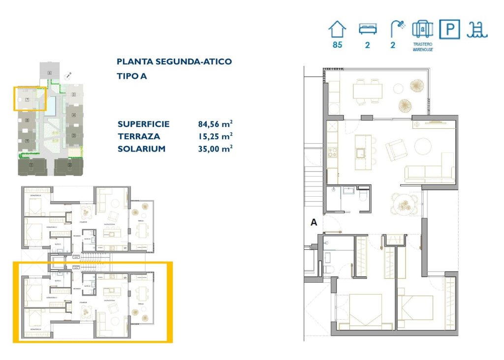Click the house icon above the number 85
coord(337,30)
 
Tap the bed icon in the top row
coord(367,30)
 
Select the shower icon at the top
coord(396,30)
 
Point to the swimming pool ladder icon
coord(477,30)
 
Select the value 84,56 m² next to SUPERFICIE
coord(215,124)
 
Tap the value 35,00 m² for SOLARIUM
coord(215,149)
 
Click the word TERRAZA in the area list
coord(139,137)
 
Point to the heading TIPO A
coord(132,76)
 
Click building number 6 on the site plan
coord(50,73)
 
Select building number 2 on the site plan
coord(69,165)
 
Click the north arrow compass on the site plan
coord(68,76)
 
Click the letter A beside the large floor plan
coord(313,222)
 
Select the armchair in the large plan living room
coord(396,150)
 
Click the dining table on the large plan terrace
coord(367,90)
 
